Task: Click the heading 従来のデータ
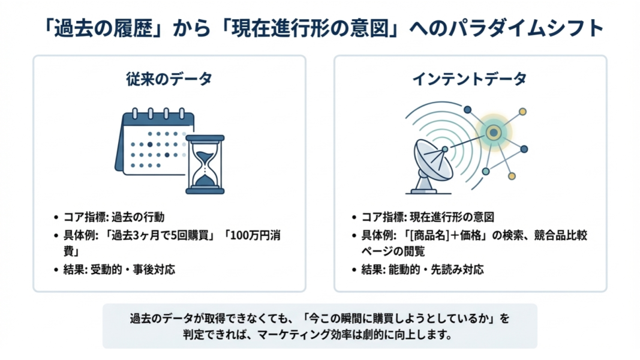(x=169, y=79)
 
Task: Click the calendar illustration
(x=153, y=142)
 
